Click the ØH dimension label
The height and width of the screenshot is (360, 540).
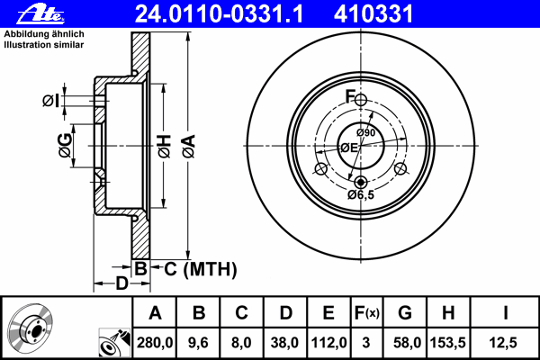[x=164, y=146]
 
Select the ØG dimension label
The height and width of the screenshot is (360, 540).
[x=66, y=145]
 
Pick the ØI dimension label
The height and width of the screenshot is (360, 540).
[x=52, y=100]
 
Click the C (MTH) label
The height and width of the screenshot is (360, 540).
[x=193, y=268]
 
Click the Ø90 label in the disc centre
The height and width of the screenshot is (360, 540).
[x=365, y=133]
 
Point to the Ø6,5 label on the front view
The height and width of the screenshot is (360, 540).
[x=361, y=193]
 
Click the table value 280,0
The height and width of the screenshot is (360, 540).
[x=155, y=340]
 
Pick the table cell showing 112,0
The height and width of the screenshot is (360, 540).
[x=328, y=340]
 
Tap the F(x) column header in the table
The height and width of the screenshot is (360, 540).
[x=367, y=312]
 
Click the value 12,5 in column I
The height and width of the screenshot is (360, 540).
[x=506, y=340]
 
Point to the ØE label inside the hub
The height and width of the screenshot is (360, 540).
[x=347, y=148]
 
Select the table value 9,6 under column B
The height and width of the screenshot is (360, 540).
[x=199, y=340]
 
